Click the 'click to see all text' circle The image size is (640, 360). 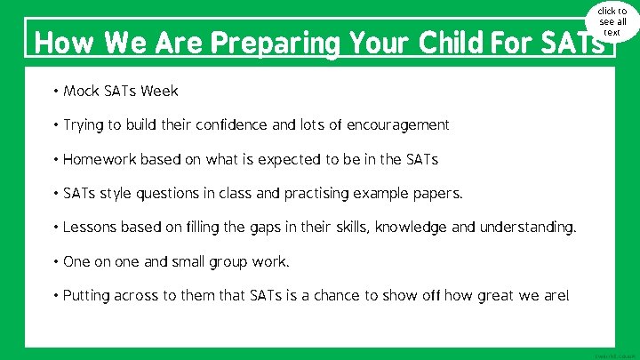coord(612,21)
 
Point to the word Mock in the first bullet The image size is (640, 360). coord(81,91)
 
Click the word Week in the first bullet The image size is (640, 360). coord(160,91)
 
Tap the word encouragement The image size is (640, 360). coord(396,125)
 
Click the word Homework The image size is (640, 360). coord(100,160)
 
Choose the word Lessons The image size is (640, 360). coord(90,228)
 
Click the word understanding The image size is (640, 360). coord(527,228)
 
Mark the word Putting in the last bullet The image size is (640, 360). coord(87,296)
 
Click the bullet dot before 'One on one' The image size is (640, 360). coord(56,262)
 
